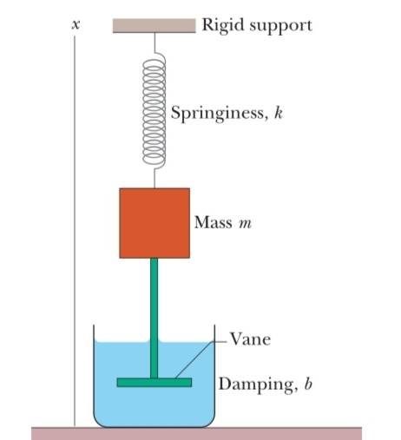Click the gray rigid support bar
pos(154,26)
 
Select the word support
pos(280,27)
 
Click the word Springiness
pos(218,114)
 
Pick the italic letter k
pos(278,112)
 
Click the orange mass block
pos(154,223)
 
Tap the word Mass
pos(214,222)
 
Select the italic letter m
pos(245,224)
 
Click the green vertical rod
pos(154,318)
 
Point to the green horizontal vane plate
pos(154,383)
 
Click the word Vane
pos(250,338)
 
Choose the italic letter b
pos(308,384)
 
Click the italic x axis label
pos(76,25)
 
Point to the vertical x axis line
pos(75,231)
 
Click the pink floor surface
pos(197,433)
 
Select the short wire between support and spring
pos(154,43)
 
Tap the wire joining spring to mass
pos(154,179)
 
